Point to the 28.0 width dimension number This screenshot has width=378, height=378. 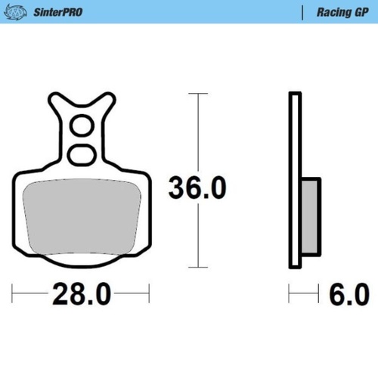[x=82, y=293]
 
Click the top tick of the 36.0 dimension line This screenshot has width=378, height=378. [x=198, y=94]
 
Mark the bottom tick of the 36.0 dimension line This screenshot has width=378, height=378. [x=198, y=267]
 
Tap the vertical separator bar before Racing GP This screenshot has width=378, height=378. [x=302, y=12]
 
